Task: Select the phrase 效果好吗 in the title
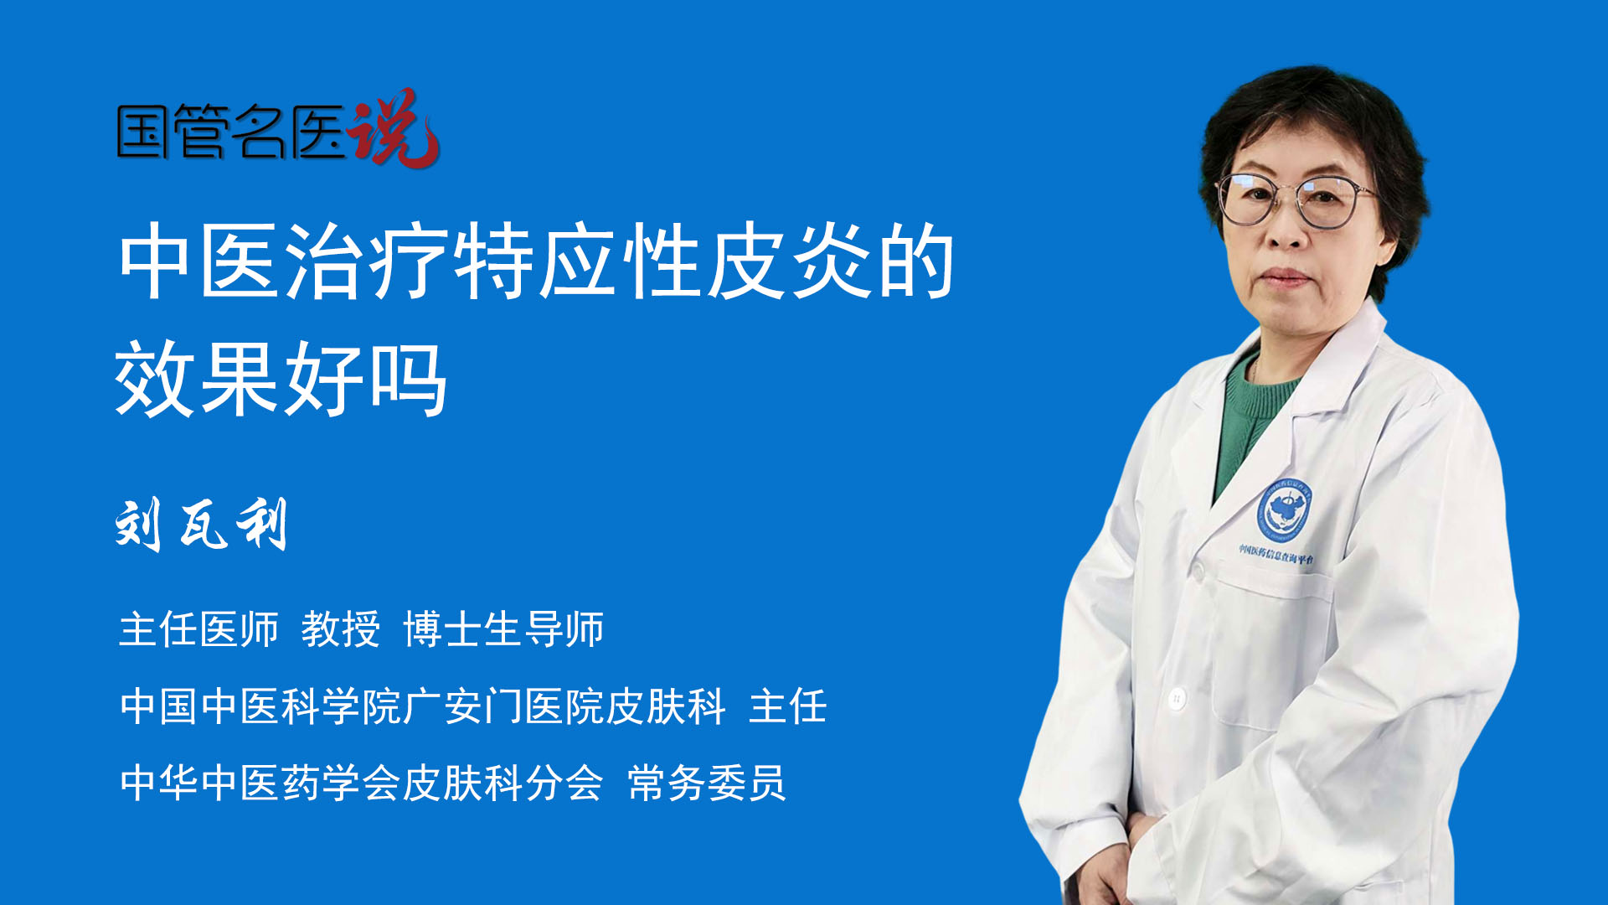(281, 379)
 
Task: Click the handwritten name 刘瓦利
(202, 525)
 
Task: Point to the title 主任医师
(198, 629)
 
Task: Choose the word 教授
(341, 629)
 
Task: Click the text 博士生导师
(503, 629)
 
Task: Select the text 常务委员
(707, 783)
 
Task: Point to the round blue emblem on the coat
(1284, 509)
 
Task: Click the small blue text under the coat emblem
(1276, 554)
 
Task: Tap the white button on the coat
(1177, 697)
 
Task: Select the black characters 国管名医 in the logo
(231, 132)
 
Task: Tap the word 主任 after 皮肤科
(788, 706)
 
